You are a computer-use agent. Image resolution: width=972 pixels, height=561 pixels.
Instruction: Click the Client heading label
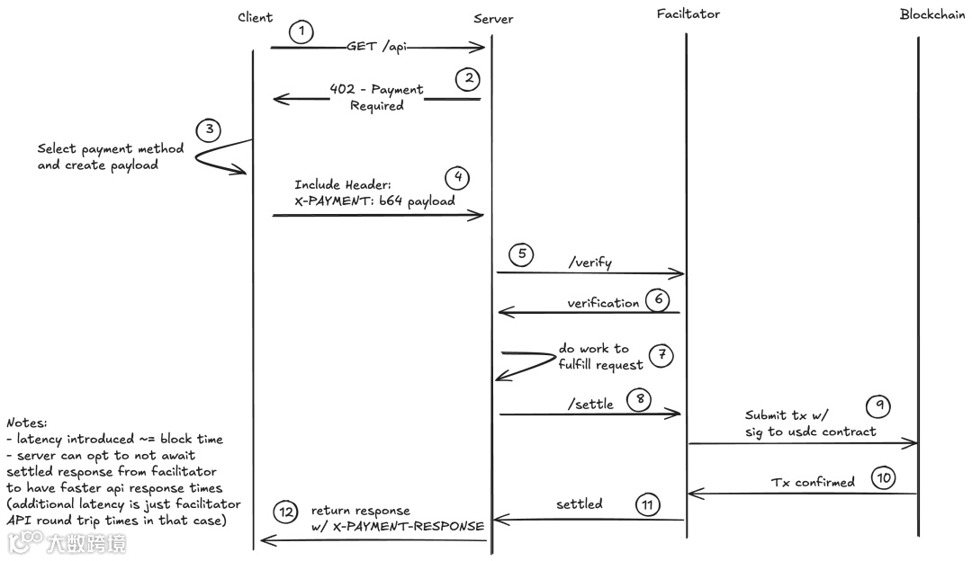(x=256, y=18)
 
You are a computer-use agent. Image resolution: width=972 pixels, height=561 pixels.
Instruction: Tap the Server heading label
(x=493, y=19)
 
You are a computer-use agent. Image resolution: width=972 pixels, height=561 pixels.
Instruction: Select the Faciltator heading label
(x=688, y=13)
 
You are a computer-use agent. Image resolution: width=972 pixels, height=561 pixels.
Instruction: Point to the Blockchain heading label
(x=932, y=14)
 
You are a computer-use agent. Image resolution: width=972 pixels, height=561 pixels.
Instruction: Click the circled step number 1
(x=301, y=32)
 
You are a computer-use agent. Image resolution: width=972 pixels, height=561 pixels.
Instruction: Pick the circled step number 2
(x=467, y=79)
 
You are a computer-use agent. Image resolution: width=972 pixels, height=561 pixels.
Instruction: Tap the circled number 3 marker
(x=209, y=129)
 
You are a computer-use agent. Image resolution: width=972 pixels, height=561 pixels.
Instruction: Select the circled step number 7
(x=661, y=355)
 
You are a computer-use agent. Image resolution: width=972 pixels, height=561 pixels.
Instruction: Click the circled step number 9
(x=878, y=406)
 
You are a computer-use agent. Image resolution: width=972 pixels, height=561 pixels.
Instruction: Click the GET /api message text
(x=376, y=47)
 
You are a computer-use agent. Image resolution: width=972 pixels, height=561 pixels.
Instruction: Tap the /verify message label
(x=590, y=263)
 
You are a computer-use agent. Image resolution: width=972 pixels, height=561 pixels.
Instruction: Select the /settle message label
(x=590, y=405)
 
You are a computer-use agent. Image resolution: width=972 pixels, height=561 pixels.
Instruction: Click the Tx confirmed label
(x=813, y=483)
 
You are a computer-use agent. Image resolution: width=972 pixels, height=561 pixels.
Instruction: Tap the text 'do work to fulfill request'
(x=600, y=357)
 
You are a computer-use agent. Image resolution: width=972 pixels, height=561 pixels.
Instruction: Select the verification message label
(x=603, y=304)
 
